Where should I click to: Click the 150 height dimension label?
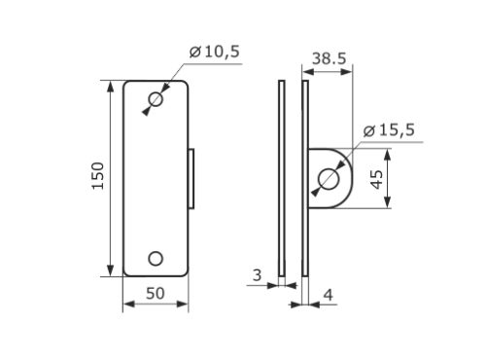point(98,175)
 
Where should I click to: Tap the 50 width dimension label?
point(156,294)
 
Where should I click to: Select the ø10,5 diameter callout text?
point(215,52)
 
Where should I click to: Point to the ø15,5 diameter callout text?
point(389,130)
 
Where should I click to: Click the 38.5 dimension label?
point(330,58)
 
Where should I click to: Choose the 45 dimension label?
point(377,179)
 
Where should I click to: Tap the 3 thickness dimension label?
point(257,275)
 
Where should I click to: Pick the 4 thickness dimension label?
point(329,295)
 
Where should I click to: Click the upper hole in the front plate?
point(156,99)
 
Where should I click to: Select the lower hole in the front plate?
point(156,259)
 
